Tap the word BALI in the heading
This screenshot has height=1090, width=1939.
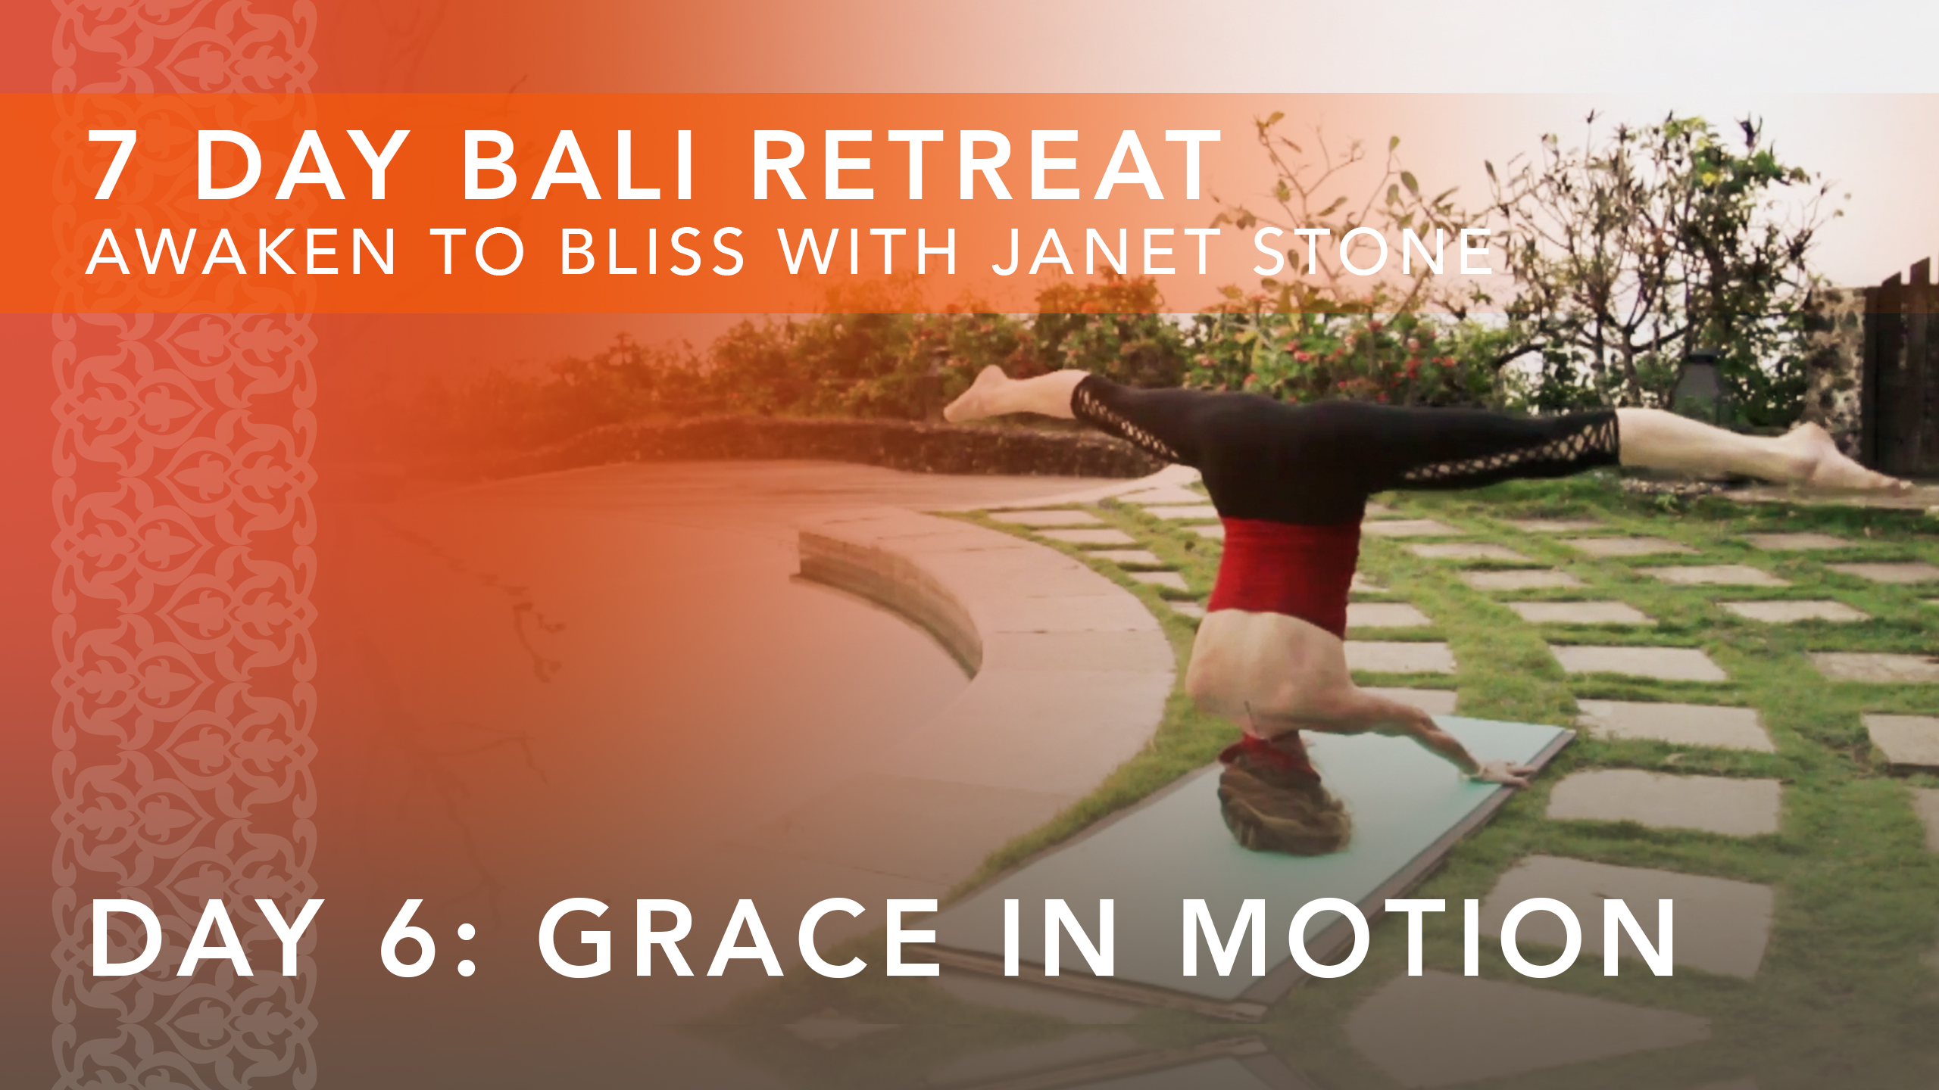[579, 166]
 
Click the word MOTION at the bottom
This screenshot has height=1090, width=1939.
[1428, 939]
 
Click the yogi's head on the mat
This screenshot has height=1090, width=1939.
[1280, 810]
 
